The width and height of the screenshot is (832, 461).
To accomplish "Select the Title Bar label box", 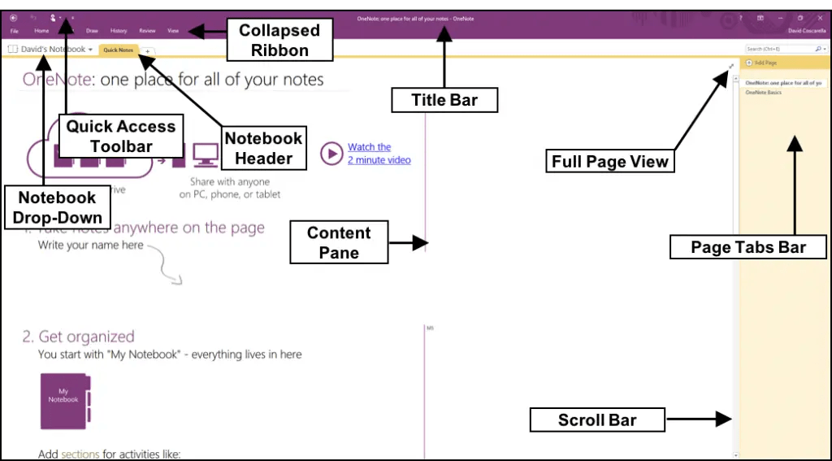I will (444, 101).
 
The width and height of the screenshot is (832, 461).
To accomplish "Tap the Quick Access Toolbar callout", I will (121, 136).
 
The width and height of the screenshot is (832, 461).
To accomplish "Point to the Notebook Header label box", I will (263, 148).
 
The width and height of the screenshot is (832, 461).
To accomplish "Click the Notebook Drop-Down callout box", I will (57, 207).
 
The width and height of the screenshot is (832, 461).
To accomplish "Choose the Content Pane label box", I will (339, 242).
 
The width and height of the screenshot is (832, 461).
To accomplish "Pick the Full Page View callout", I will (609, 161).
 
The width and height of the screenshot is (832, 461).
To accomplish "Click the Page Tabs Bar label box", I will (747, 247).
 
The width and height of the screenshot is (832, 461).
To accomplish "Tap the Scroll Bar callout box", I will (597, 420).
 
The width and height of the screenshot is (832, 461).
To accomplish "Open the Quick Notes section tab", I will (119, 50).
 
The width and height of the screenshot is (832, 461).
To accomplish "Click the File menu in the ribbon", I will (15, 30).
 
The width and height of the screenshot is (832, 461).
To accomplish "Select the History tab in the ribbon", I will (119, 30).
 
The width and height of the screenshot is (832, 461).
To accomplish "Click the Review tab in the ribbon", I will (147, 30).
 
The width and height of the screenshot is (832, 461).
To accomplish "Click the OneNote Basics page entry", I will (764, 93).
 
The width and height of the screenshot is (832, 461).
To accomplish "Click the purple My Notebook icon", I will (64, 401).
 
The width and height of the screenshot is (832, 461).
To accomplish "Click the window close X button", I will (820, 17).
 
